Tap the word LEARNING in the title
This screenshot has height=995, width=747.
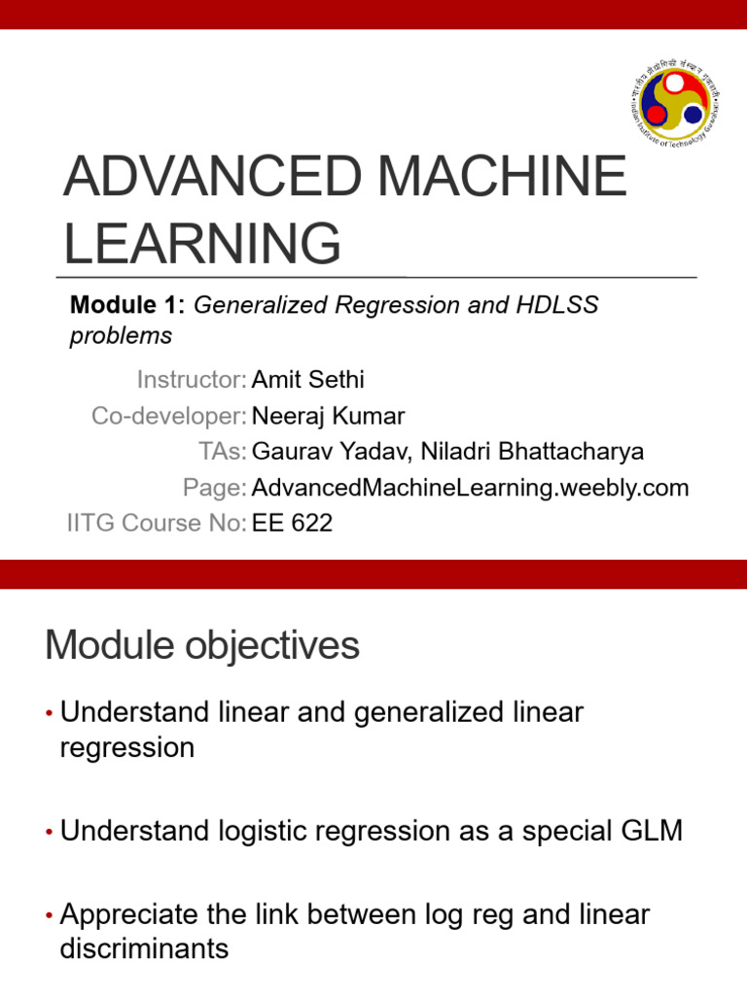tap(202, 242)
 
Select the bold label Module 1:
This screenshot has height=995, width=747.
tap(127, 305)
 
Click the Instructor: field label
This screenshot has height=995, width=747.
tap(192, 379)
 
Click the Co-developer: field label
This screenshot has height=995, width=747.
tap(168, 416)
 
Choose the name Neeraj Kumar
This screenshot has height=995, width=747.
tap(328, 416)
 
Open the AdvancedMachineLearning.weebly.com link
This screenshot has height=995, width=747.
tap(470, 488)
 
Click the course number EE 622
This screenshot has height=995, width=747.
tap(292, 523)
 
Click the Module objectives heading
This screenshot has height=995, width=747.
tap(202, 646)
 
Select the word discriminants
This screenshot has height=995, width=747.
tap(144, 948)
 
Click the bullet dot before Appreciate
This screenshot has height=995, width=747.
tap(50, 916)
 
